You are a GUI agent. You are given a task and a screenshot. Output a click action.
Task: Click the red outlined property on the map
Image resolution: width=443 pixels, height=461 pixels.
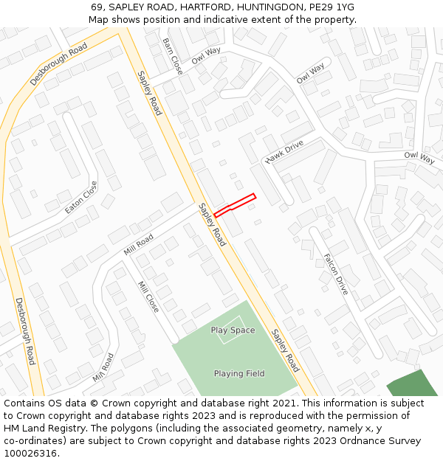(235, 205)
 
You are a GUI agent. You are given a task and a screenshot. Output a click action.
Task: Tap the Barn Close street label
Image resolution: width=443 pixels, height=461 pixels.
(172, 56)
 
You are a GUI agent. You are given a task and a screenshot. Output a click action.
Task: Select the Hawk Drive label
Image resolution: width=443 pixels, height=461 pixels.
(284, 152)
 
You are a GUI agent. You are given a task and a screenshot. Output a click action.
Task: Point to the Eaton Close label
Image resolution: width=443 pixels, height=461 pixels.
(80, 197)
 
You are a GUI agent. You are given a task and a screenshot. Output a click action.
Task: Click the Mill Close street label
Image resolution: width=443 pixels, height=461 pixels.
(148, 297)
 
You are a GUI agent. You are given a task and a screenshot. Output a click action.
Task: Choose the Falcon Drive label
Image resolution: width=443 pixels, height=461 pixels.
(335, 274)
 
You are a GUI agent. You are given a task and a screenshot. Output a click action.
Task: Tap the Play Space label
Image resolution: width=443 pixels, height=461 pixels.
(233, 330)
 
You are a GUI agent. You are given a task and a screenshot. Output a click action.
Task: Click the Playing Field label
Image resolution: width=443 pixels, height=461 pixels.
(239, 374)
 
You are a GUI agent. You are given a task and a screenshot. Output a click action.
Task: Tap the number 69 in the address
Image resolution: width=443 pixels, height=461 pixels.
(97, 7)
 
